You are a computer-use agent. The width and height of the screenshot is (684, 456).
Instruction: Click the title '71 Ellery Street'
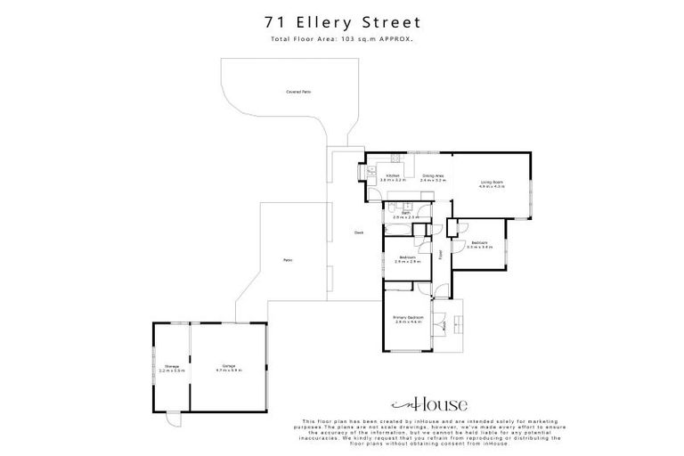[341, 20]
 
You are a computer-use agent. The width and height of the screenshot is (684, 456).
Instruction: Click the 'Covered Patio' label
[298, 92]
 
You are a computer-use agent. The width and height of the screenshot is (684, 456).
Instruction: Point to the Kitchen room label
[393, 177]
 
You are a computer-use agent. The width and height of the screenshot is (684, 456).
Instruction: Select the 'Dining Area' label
[434, 177]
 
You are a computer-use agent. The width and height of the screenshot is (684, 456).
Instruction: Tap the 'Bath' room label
[405, 214]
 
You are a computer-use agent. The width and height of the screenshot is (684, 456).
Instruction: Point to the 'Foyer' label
[439, 254]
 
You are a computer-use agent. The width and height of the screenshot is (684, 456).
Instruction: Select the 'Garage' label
[229, 367]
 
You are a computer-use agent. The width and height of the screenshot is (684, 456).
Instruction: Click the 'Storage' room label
[172, 367]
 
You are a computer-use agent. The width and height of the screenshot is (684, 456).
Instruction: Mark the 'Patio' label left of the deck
[288, 260]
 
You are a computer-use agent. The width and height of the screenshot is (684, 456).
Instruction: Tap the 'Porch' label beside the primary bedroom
[444, 324]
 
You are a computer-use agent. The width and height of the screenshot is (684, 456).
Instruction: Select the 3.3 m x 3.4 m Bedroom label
[480, 244]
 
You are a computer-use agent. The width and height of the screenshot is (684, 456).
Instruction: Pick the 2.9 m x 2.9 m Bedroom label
[407, 260]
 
